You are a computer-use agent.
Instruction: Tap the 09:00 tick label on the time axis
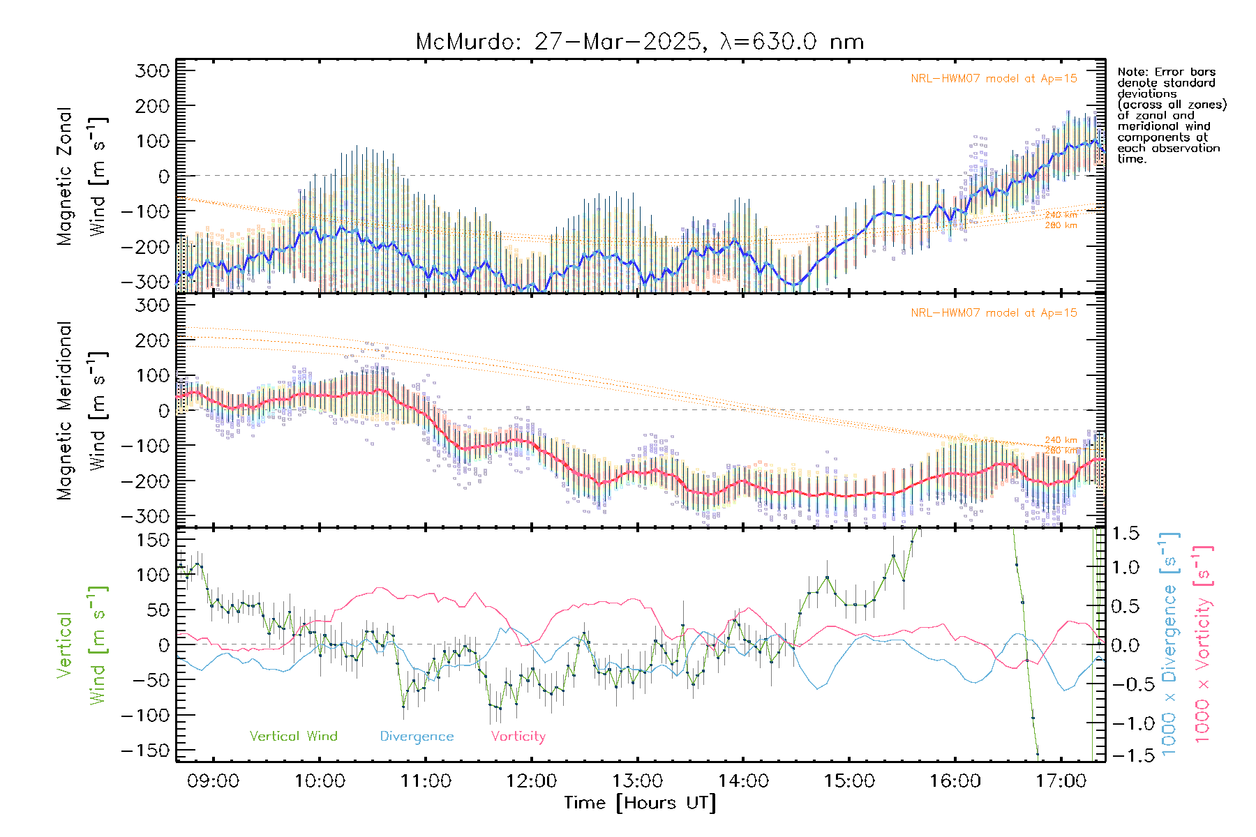coord(213,781)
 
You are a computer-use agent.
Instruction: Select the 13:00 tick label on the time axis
coord(637,781)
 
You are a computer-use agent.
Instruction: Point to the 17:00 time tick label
coord(1061,781)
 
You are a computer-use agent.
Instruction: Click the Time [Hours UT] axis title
coord(640,803)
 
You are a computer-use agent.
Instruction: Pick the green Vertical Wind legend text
coord(293,737)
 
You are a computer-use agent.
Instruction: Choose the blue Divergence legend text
coord(417,737)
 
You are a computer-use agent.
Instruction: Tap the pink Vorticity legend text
coord(518,737)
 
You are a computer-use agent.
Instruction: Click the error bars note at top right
coord(1171,115)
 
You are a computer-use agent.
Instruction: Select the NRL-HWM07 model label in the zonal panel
coord(994,79)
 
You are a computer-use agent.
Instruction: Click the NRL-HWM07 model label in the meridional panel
coord(994,313)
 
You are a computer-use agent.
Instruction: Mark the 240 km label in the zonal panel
coord(1061,215)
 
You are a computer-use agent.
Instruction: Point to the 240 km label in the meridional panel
coord(1061,440)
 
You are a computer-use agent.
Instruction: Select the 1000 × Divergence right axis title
coord(1169,644)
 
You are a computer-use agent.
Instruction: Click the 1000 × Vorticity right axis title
coord(1203,644)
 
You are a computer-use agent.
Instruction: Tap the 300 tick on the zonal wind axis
coord(152,70)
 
